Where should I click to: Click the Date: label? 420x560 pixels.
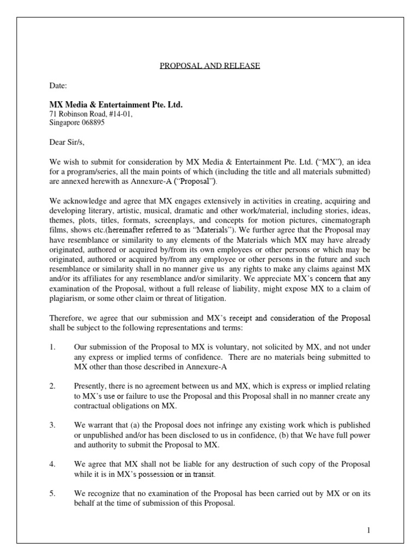[59, 86]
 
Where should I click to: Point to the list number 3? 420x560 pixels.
[52, 425]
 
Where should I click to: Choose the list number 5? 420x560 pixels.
[52, 493]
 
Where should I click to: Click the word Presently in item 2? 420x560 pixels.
[91, 386]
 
